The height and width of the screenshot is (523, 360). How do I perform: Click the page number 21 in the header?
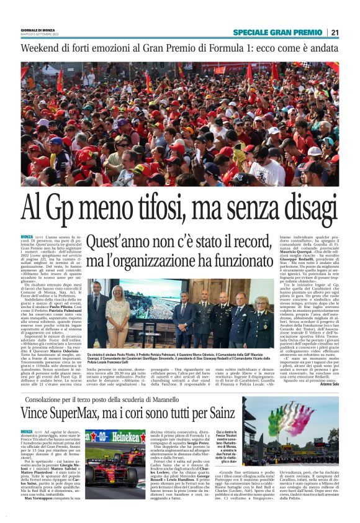(x=335, y=32)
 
